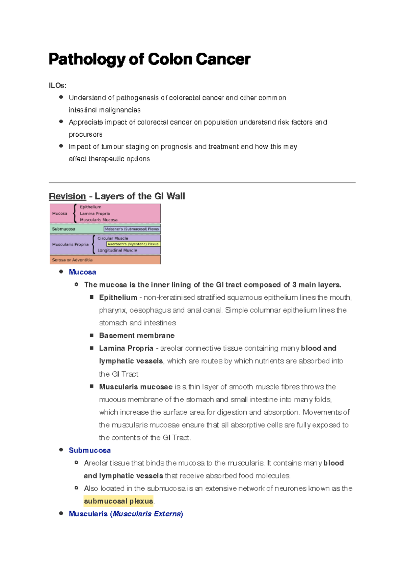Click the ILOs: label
(x=57, y=85)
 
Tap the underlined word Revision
(x=67, y=196)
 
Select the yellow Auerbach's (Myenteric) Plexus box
(x=133, y=244)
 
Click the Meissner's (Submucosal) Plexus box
(x=132, y=229)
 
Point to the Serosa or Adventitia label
(x=72, y=260)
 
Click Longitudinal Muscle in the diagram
(x=117, y=250)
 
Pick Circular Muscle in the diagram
(x=113, y=238)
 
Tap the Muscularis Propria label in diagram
(x=70, y=244)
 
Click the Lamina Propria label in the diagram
(x=95, y=213)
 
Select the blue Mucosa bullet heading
(x=82, y=272)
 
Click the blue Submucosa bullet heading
(x=90, y=450)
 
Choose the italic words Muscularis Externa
(x=147, y=514)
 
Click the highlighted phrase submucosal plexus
(x=118, y=501)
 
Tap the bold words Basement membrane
(x=137, y=335)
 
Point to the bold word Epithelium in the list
(x=118, y=297)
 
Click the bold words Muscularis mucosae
(x=136, y=387)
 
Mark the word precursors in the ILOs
(x=85, y=134)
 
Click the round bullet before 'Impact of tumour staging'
(x=61, y=146)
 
